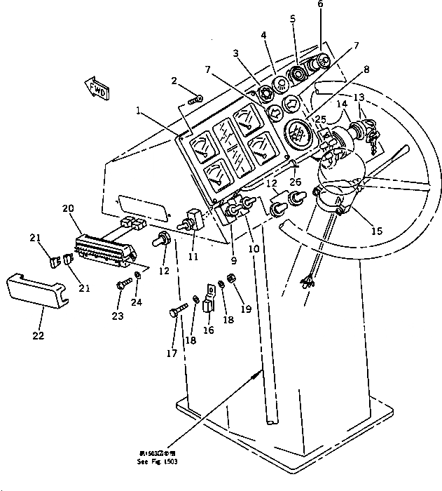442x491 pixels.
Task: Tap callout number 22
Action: [38, 335]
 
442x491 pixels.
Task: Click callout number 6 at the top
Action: [320, 5]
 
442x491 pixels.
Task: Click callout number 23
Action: [118, 316]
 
